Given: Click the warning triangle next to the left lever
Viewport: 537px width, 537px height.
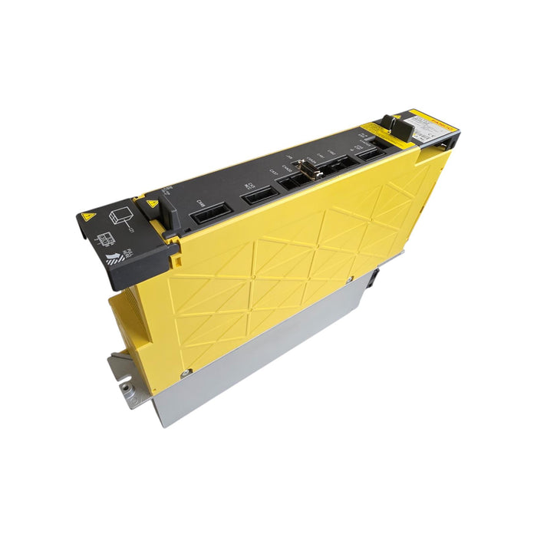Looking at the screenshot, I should tap(152, 203).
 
